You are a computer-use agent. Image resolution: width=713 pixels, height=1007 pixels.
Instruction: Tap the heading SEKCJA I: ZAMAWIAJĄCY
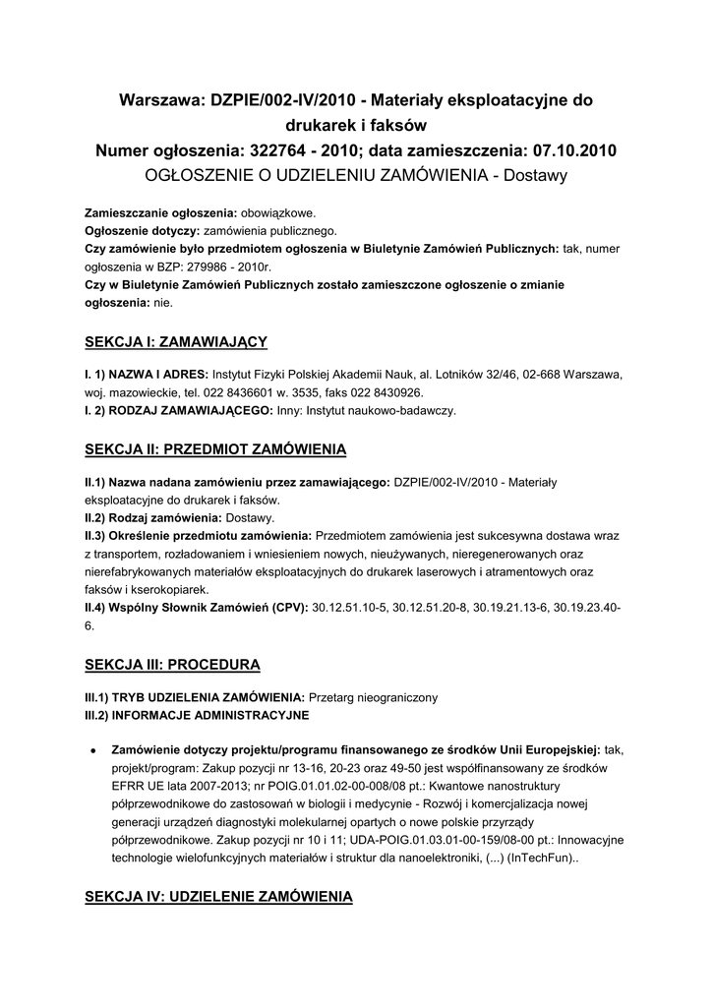(176, 341)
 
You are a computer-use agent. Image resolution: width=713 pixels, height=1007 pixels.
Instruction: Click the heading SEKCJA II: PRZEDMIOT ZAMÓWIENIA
(215, 449)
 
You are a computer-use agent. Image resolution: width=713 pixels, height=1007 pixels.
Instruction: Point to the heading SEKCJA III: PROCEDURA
(172, 664)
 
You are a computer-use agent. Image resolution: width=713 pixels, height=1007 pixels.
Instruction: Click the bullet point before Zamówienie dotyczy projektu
(91, 749)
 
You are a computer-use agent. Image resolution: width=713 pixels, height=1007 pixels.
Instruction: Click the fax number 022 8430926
(367, 392)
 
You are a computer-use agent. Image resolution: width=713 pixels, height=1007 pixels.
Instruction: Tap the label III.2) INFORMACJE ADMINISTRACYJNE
(197, 714)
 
